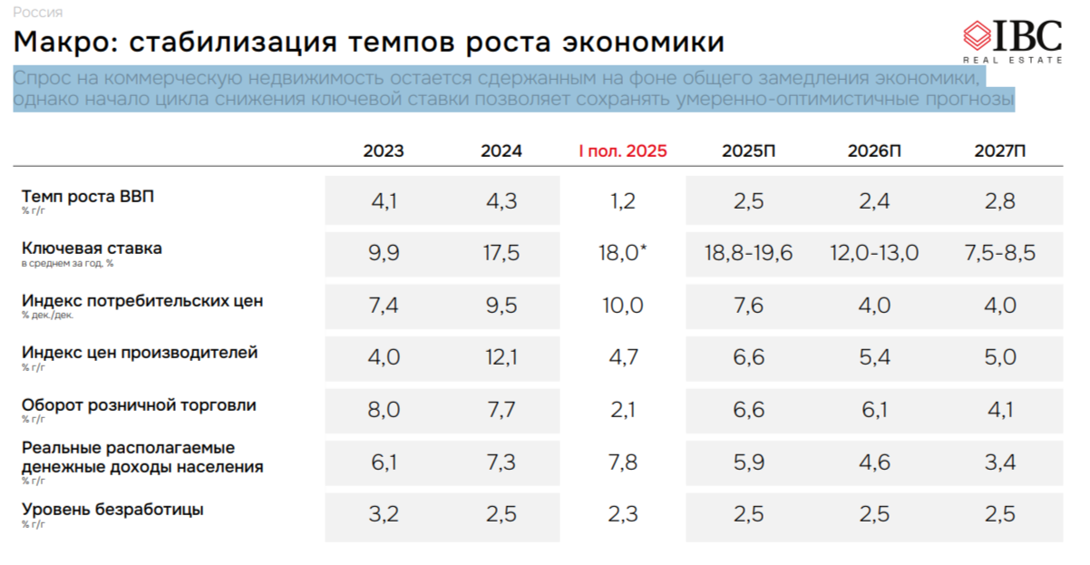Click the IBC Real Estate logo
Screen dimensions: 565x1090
coord(1012,41)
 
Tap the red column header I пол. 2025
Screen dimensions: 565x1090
coord(623,151)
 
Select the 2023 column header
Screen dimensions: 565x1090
coord(384,151)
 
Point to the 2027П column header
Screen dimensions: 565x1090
coord(1000,151)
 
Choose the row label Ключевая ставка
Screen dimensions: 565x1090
coord(92,248)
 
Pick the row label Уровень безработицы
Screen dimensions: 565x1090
coord(112,509)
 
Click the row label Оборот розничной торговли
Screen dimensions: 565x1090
coord(139,404)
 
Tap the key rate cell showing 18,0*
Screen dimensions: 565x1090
coord(623,253)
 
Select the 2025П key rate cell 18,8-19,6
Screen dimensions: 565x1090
coord(749,253)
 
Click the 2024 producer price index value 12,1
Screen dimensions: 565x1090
coord(501,357)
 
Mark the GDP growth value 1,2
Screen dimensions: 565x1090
coord(623,201)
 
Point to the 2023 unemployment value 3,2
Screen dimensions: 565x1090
coord(384,514)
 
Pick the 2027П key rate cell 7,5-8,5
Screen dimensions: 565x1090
coord(1000,253)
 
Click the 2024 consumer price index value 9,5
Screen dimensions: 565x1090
coord(501,306)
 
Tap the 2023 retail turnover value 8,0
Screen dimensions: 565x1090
coord(384,410)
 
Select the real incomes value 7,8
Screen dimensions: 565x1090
coord(623,463)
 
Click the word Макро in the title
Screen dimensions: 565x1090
coord(61,42)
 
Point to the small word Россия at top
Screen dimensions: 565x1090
coord(38,12)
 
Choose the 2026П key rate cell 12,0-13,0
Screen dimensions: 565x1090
coord(874,253)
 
